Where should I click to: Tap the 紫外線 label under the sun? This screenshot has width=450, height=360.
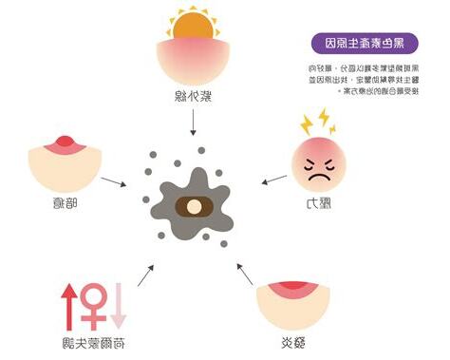click(194, 97)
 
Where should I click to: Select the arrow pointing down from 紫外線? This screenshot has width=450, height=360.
click(194, 121)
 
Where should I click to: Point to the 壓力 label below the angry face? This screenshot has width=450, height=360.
click(315, 201)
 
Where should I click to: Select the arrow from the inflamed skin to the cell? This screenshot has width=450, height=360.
click(248, 275)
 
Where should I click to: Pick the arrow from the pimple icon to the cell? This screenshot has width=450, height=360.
click(113, 180)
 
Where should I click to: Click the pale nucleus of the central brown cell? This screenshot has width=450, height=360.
click(192, 206)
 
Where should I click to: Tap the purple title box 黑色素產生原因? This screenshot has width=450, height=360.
click(361, 43)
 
